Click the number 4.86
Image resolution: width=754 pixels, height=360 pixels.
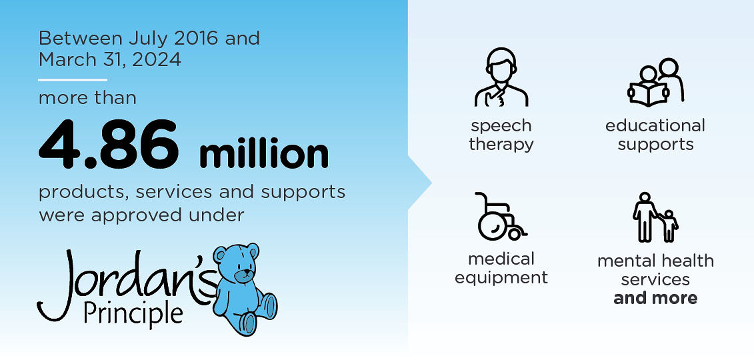click(x=109, y=145)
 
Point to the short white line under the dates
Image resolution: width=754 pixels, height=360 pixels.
click(x=73, y=80)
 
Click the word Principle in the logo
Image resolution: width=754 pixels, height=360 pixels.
click(x=133, y=313)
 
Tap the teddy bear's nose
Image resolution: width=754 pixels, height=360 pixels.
click(x=245, y=274)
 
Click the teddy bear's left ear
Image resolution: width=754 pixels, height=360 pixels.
click(x=220, y=254)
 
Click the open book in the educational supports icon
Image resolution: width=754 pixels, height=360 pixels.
click(x=648, y=93)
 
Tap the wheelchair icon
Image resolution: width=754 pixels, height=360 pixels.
click(x=500, y=216)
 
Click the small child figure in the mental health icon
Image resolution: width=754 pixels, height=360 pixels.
click(x=669, y=226)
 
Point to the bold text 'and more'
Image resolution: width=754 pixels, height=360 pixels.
click(x=655, y=298)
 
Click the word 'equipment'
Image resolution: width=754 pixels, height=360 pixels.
click(x=501, y=278)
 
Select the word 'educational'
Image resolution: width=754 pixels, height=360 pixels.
click(x=655, y=126)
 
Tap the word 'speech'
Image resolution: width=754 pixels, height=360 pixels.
click(x=501, y=127)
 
